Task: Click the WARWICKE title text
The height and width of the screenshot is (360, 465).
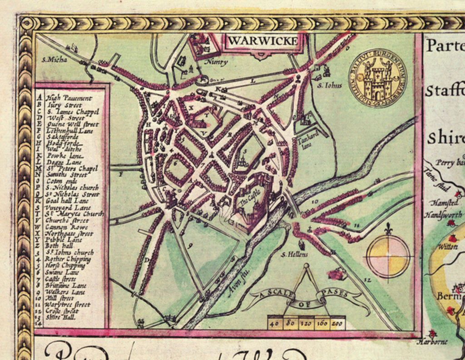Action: tap(262, 41)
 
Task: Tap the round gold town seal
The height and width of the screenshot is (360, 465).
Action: tap(377, 78)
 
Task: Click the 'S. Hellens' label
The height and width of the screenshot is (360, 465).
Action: tap(294, 254)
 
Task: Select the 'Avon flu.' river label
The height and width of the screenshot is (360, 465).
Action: tap(236, 284)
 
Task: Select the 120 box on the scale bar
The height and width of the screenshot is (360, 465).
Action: tap(307, 323)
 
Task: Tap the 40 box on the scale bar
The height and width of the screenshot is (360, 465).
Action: tap(274, 323)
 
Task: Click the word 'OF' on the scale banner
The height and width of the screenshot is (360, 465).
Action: tap(302, 304)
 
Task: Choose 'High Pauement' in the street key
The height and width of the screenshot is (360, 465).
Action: tap(69, 98)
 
